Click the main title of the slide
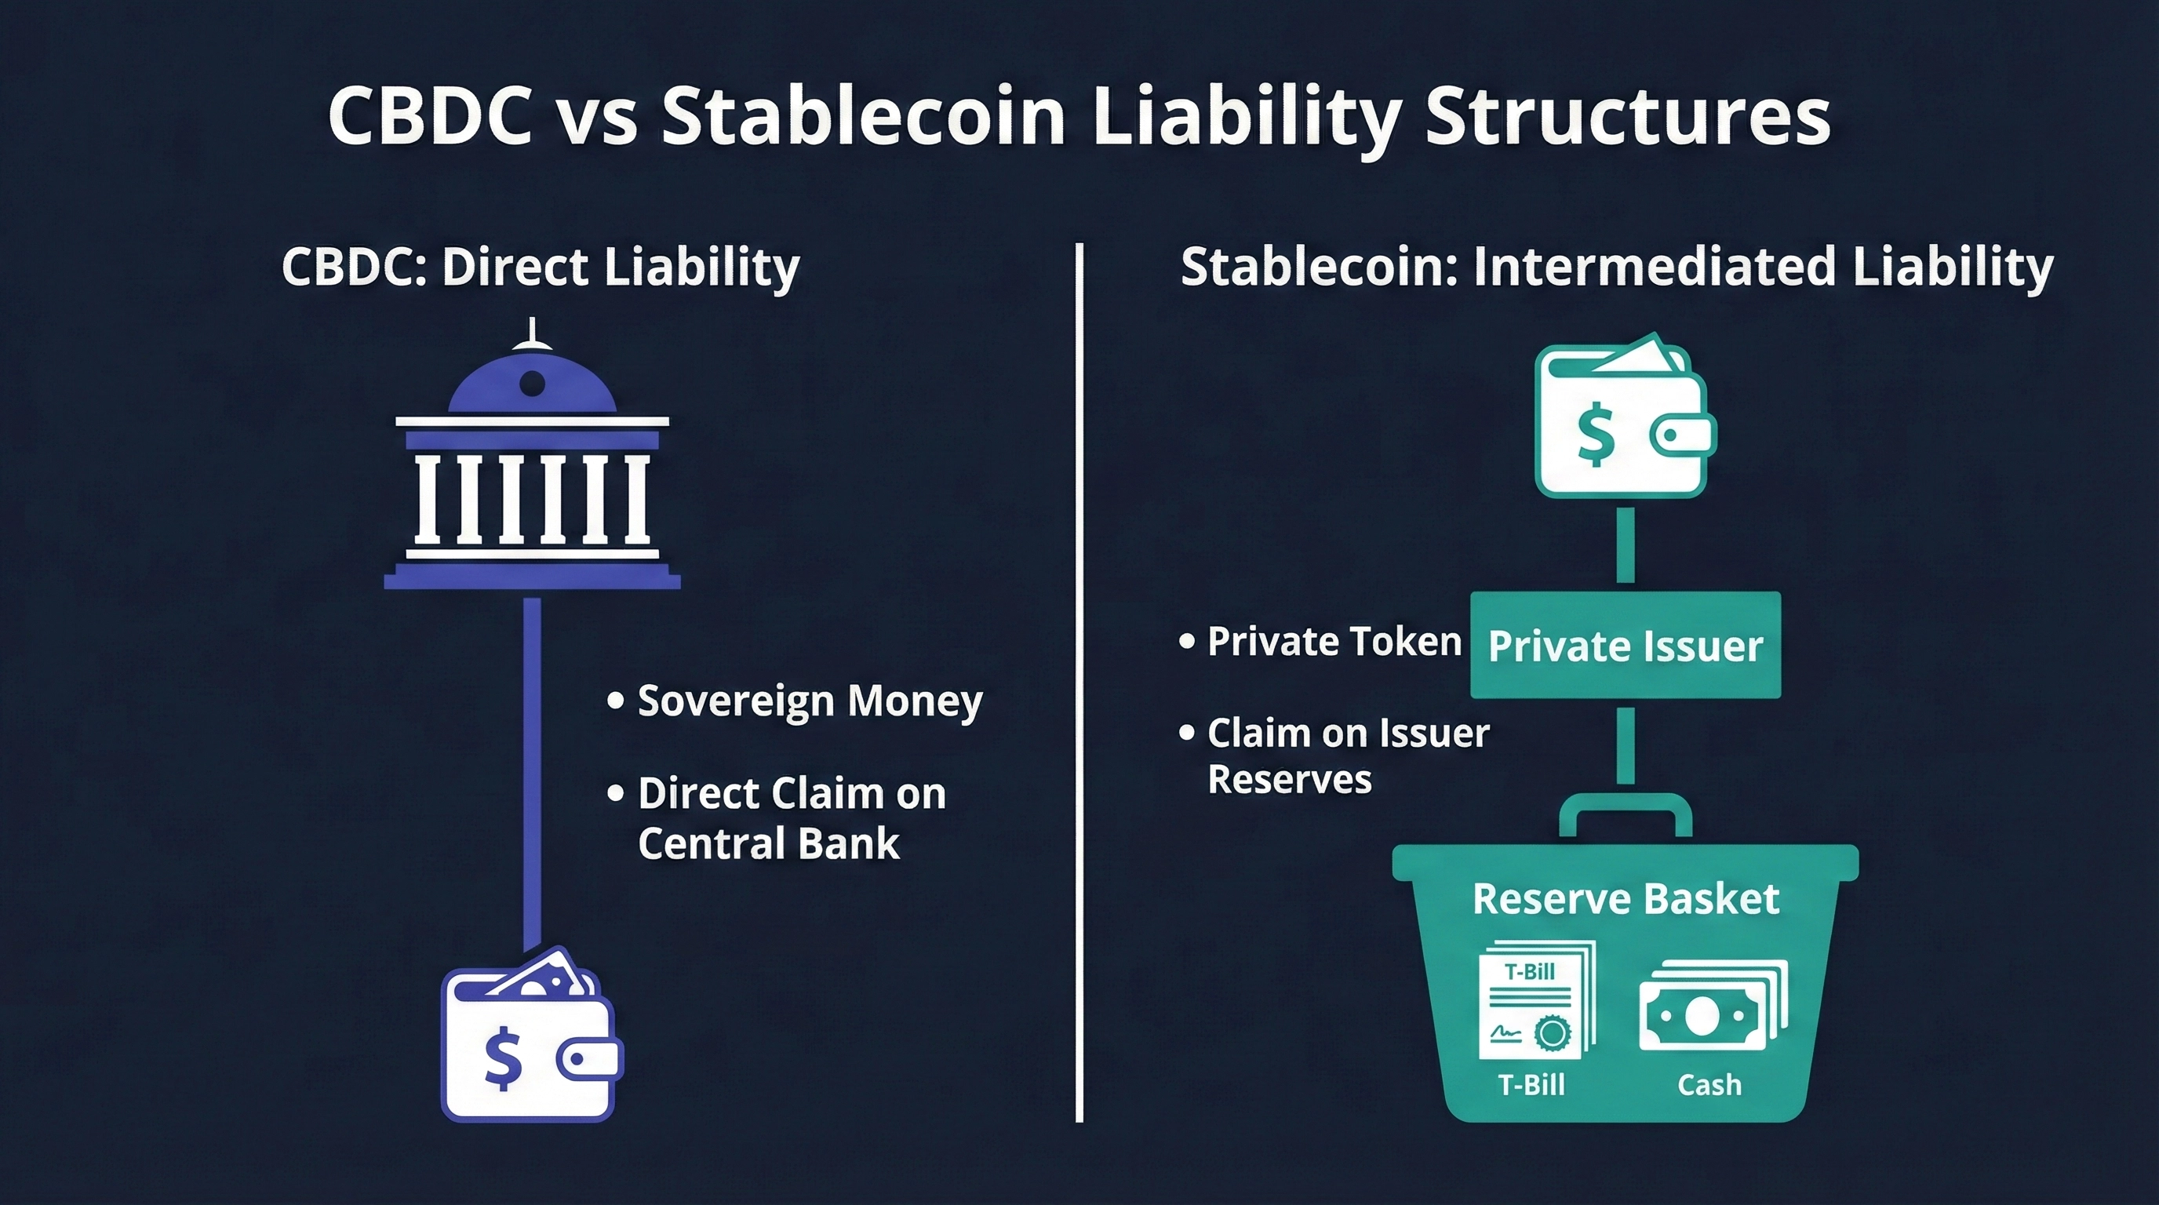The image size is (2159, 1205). click(1079, 115)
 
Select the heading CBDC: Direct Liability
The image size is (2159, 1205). click(541, 268)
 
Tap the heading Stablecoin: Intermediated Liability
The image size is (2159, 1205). click(1617, 268)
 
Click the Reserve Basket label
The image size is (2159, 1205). click(1626, 899)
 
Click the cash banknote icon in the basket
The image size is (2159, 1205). click(1713, 1006)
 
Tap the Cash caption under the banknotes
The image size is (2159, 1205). click(1709, 1085)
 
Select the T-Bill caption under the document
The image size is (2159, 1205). click(1531, 1085)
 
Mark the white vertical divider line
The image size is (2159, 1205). click(1079, 682)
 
